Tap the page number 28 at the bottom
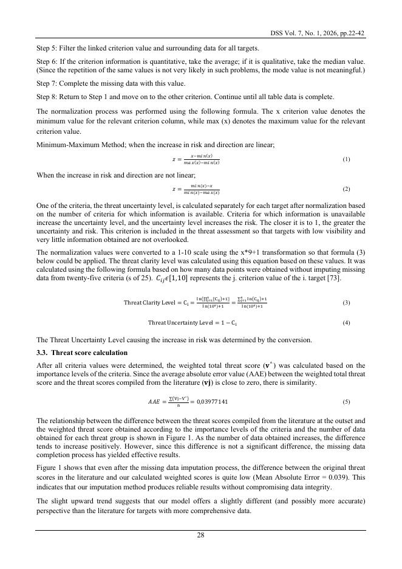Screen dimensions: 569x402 click(200, 536)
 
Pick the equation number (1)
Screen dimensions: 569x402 click(346, 159)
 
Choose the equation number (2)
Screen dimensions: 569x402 click(346, 189)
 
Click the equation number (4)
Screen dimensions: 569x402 click(346, 322)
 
